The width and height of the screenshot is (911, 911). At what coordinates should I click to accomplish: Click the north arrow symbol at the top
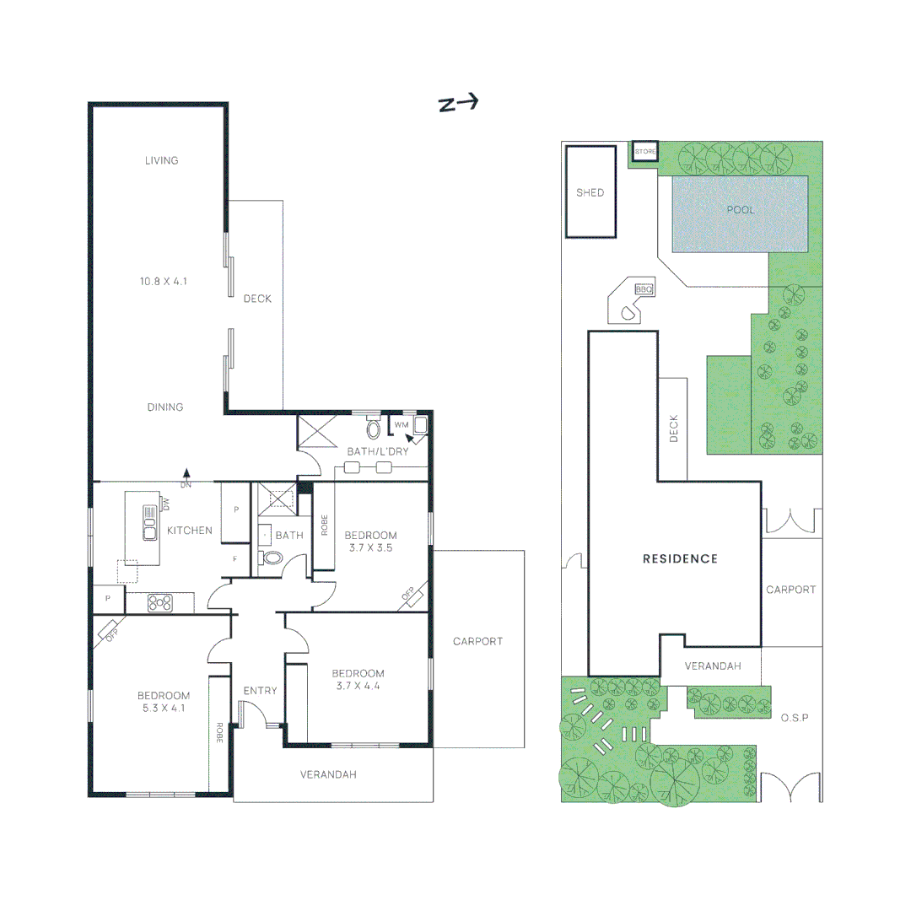458,103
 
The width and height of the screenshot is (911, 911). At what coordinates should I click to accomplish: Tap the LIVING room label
161,160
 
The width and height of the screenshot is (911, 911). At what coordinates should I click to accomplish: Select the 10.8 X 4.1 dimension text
163,281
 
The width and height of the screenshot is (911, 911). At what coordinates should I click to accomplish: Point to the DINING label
165,407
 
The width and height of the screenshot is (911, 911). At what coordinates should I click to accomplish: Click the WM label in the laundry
401,424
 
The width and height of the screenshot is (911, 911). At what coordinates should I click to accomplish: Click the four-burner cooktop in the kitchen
160,602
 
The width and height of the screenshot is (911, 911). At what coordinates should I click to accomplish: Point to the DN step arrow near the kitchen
186,477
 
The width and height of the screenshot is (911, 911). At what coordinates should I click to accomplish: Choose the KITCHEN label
190,531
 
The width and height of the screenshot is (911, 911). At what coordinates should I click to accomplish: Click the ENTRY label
260,691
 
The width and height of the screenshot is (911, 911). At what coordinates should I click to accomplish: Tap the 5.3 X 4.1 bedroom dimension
163,709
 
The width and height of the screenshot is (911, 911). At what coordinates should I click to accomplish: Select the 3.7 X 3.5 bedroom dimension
370,547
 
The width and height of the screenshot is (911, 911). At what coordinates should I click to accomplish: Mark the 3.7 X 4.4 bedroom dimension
358,686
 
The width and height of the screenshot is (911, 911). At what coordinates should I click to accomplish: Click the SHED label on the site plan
590,192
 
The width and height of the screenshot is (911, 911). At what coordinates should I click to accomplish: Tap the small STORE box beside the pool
644,152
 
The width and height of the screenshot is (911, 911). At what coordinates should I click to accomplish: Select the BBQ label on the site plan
644,289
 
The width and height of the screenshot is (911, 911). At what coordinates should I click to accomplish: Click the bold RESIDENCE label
680,558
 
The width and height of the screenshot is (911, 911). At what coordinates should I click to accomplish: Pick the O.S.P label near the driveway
794,717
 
